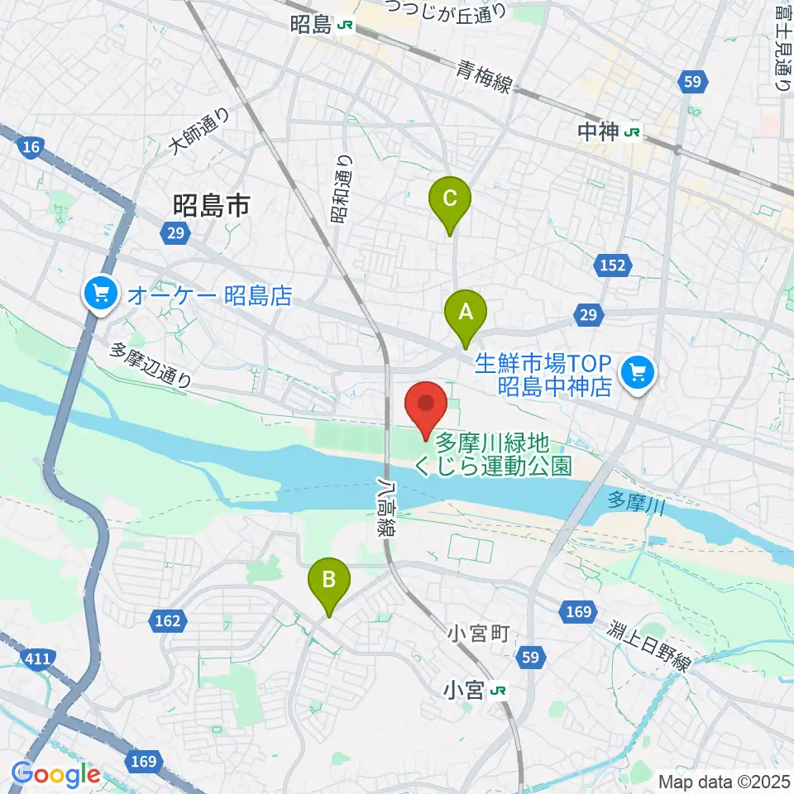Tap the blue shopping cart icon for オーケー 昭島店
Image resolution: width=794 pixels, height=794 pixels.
coord(101,293)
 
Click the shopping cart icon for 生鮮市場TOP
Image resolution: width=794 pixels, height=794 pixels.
coord(639,371)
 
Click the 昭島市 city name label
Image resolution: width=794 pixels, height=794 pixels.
coord(210,206)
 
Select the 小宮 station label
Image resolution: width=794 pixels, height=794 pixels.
coord(463,689)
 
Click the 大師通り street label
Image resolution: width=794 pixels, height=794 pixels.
coord(198,132)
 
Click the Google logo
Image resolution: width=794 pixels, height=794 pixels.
coord(55,775)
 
